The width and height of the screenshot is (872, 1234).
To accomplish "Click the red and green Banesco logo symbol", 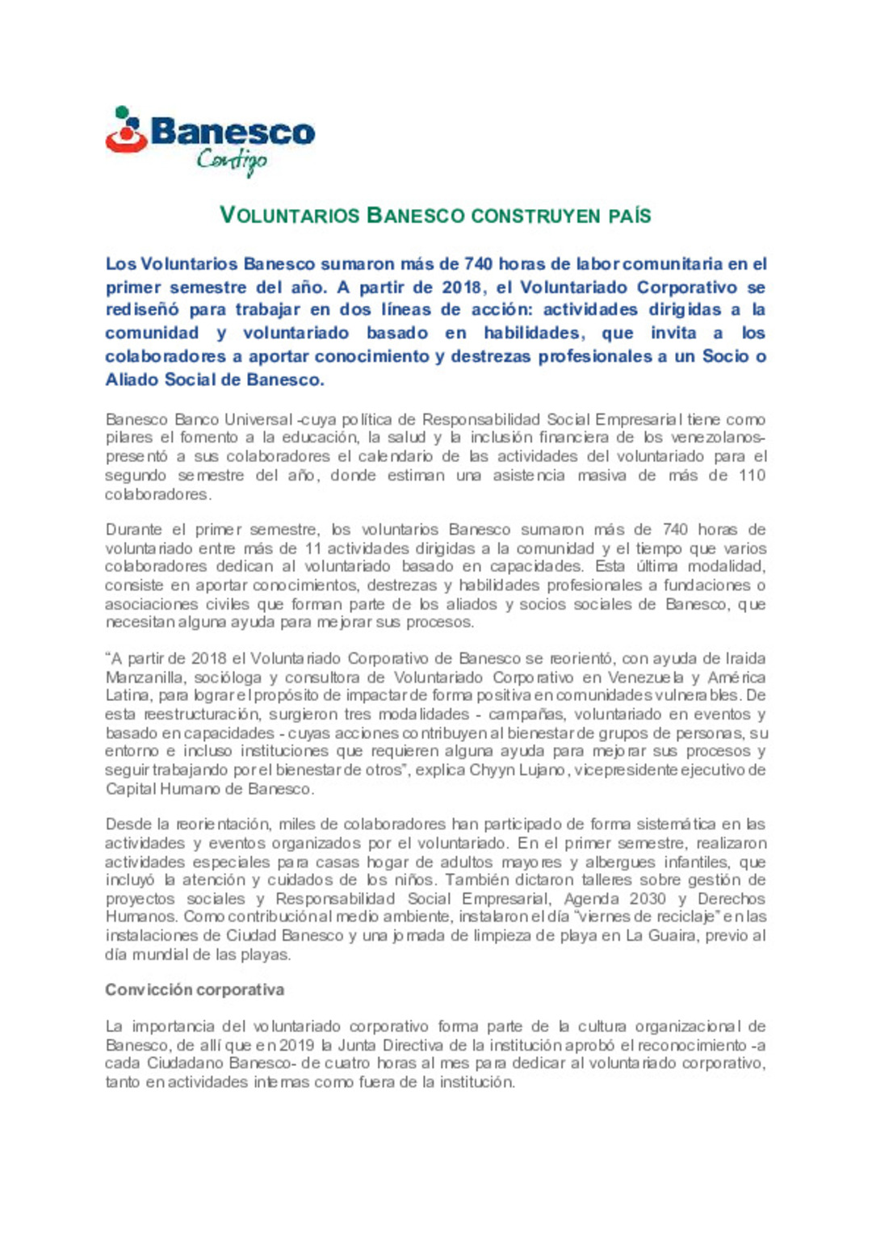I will click(x=125, y=130).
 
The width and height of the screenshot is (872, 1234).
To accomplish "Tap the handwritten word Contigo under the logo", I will click(x=232, y=161).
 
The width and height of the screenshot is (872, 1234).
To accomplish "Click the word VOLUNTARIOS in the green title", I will click(x=289, y=216).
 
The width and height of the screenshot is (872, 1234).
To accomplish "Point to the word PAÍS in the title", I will click(x=629, y=216).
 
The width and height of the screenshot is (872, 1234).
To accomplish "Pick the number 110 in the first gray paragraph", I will click(x=752, y=476).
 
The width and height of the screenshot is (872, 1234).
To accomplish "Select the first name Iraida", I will click(x=745, y=659).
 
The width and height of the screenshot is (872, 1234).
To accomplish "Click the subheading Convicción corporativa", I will click(x=195, y=990).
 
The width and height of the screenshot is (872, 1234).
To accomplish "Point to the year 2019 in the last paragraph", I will click(x=296, y=1046).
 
